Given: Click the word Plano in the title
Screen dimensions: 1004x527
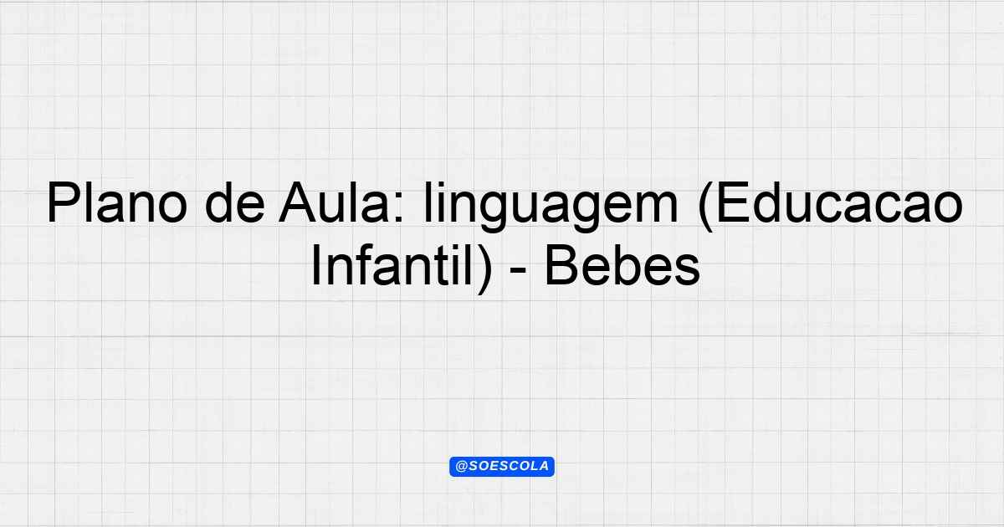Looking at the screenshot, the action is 116,202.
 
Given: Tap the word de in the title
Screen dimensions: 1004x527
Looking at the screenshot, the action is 235,202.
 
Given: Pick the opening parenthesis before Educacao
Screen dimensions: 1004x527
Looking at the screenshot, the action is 705,207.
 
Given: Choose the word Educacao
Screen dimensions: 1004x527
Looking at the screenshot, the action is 840,202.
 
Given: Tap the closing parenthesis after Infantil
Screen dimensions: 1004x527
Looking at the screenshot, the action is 484,269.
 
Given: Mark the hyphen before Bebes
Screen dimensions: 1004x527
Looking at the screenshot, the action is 518,271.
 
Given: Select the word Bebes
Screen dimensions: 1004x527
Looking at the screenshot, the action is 622,265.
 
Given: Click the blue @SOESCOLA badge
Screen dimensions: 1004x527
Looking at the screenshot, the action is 502,467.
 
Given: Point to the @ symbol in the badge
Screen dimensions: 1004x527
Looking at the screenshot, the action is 461,467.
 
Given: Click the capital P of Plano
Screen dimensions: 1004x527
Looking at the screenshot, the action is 64,202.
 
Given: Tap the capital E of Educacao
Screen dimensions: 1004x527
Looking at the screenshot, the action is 735,202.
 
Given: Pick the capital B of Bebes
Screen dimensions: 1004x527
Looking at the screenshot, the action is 562,265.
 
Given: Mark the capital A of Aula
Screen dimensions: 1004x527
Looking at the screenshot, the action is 298,202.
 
